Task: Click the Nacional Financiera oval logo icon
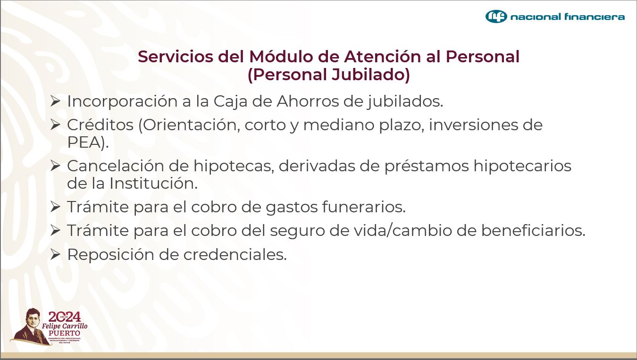[496, 17]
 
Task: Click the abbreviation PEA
[85, 142]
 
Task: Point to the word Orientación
[191, 125]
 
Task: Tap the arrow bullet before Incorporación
[55, 101]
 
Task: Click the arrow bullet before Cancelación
[55, 166]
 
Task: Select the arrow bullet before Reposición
[55, 254]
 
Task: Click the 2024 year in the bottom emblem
[65, 317]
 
